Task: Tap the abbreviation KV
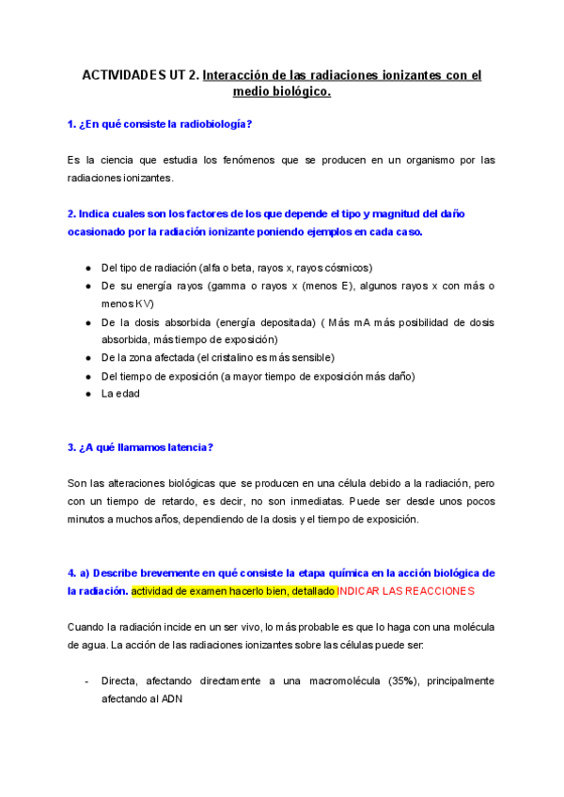(x=144, y=304)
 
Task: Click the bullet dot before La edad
(x=88, y=394)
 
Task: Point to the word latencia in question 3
(x=184, y=447)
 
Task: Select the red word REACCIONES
(x=437, y=591)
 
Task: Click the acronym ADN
(x=172, y=698)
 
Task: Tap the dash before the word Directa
(x=86, y=680)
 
